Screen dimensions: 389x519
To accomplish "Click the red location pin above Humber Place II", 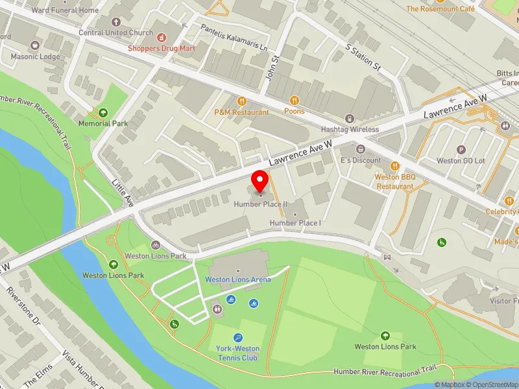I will [x=260, y=181].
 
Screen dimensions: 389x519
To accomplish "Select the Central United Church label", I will [x=115, y=32].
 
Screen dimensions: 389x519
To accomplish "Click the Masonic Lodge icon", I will [x=34, y=45].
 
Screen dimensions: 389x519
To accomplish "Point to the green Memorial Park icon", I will [x=103, y=112].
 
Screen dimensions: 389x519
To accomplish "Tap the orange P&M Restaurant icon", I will [x=241, y=100].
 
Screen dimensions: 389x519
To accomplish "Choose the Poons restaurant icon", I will [x=294, y=100].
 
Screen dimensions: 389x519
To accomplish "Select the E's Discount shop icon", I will [x=361, y=149].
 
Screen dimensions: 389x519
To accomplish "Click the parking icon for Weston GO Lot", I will [x=461, y=149].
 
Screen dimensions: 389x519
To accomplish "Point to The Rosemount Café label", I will [x=440, y=9].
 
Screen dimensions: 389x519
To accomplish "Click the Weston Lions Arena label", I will [x=237, y=279].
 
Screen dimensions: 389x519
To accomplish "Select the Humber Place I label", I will [x=295, y=223].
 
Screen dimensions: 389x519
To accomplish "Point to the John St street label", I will [x=275, y=67].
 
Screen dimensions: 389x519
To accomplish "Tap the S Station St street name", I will [x=362, y=57].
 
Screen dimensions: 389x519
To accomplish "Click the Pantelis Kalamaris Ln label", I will [x=225, y=38].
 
